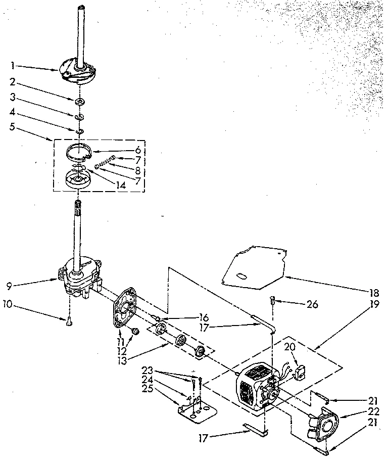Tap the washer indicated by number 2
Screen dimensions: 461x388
pyautogui.click(x=79, y=103)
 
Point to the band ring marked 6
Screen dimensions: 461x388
pyautogui.click(x=81, y=151)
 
